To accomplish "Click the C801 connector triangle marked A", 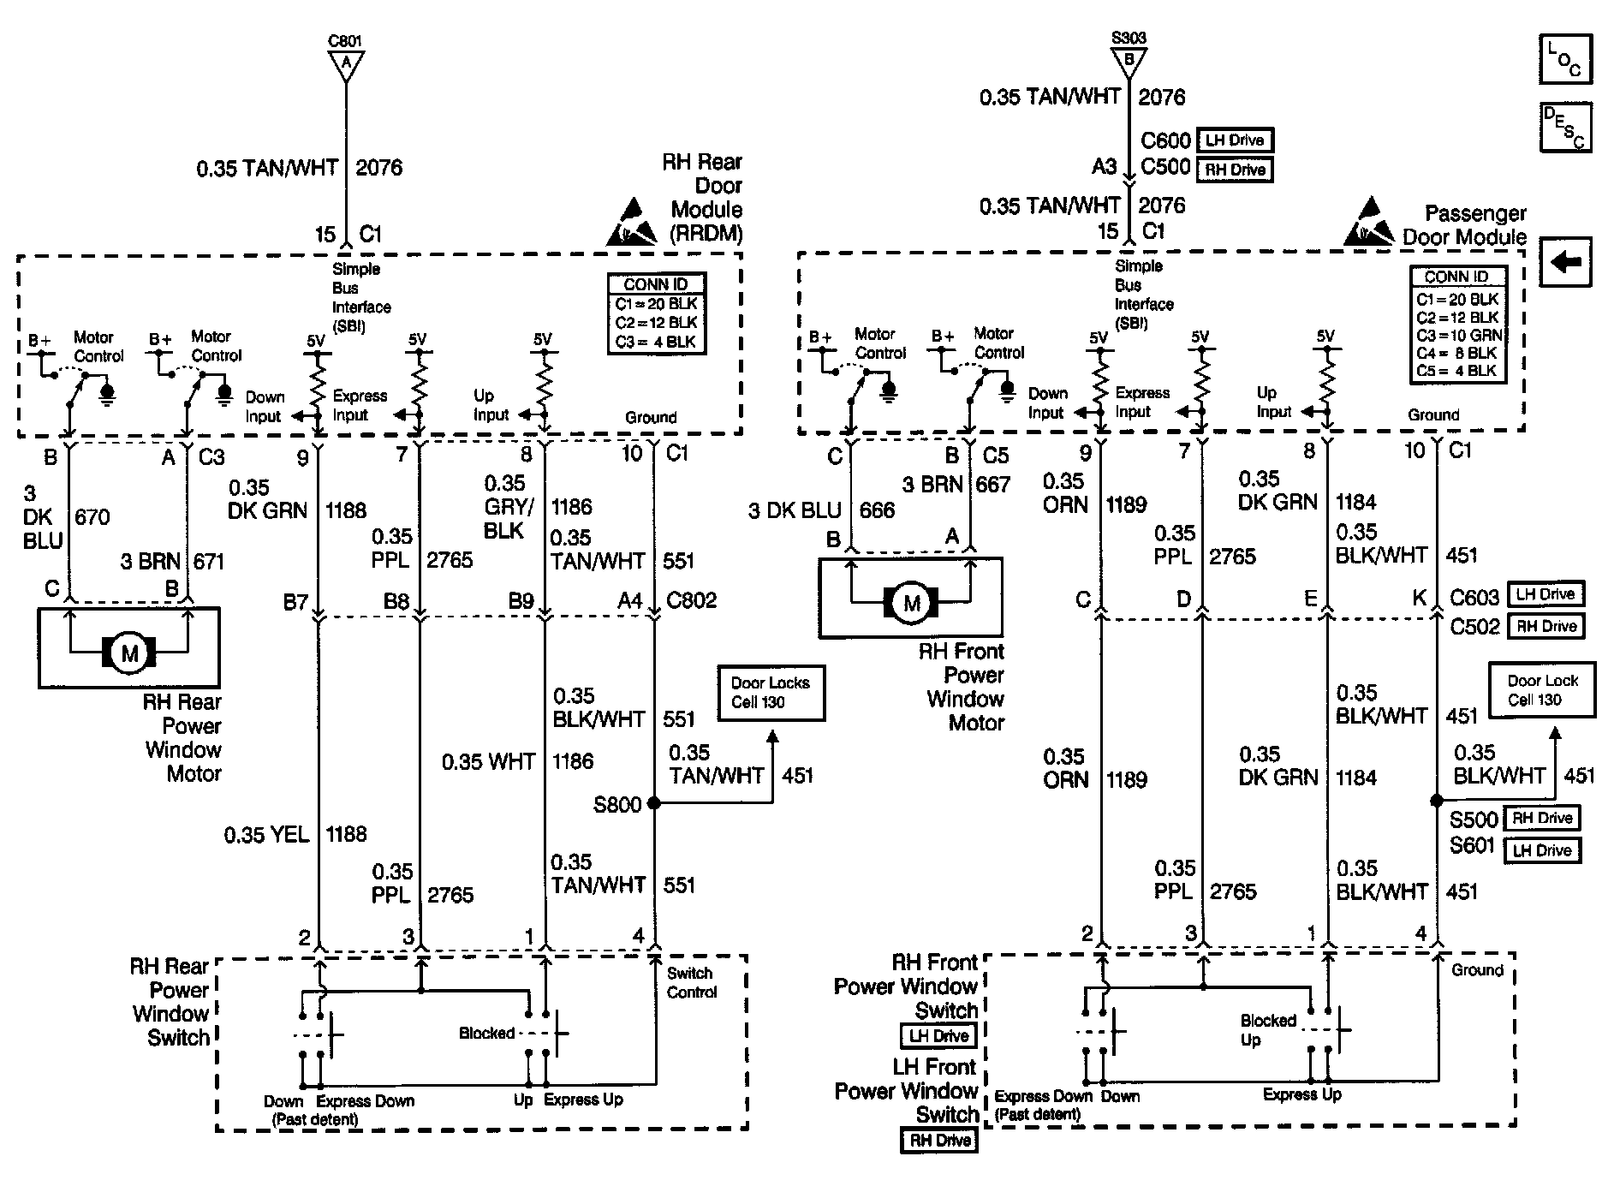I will [x=346, y=64].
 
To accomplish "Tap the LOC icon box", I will [x=1565, y=59].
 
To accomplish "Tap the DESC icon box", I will [x=1565, y=128].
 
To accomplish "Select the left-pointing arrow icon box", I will [x=1565, y=261].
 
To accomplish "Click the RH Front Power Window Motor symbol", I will [x=910, y=602].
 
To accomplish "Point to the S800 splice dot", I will [x=654, y=803].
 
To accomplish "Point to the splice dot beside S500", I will [x=1436, y=801].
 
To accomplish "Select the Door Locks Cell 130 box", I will [x=771, y=693].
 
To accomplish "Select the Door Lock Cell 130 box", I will [x=1542, y=689].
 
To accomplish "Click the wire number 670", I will [x=92, y=516].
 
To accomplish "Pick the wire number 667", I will [x=993, y=485].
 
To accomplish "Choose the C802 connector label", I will [x=691, y=600].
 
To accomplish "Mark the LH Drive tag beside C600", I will [x=1234, y=140].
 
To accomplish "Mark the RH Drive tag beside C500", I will [x=1234, y=170].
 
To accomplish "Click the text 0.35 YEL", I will [x=266, y=834].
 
